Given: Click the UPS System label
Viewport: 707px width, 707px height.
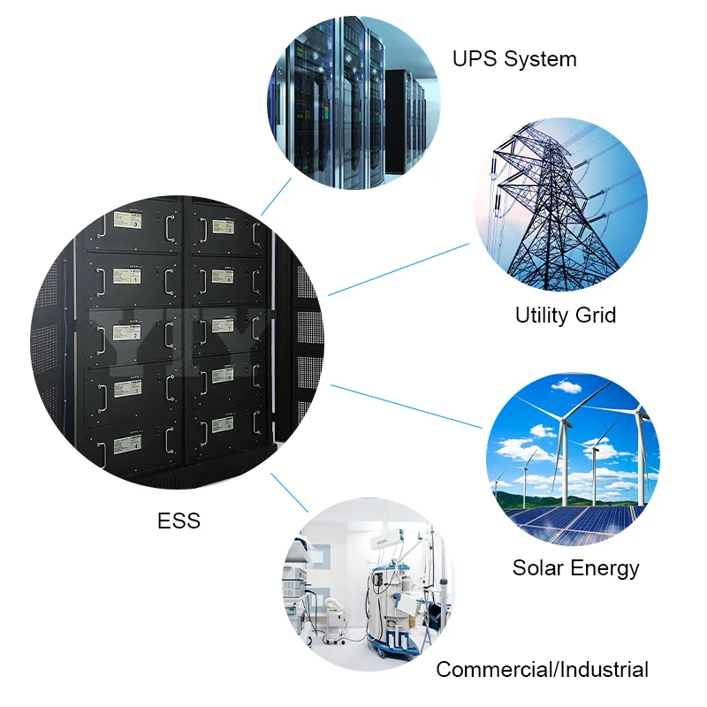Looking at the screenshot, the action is point(514,59).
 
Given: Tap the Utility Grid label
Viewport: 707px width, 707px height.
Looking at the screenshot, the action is point(565,315).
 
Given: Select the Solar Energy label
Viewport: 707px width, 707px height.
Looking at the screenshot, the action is point(575,567).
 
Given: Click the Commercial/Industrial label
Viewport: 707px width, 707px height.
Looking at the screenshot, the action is point(542,670).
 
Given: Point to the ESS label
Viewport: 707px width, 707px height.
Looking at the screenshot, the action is point(179,521).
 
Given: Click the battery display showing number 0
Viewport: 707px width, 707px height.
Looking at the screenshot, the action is point(127,219).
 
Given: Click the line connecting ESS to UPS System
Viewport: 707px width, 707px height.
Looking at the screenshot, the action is point(276,196).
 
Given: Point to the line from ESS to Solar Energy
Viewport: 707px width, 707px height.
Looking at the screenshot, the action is point(407,406).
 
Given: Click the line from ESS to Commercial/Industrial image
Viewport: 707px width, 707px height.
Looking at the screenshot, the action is point(288,491).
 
